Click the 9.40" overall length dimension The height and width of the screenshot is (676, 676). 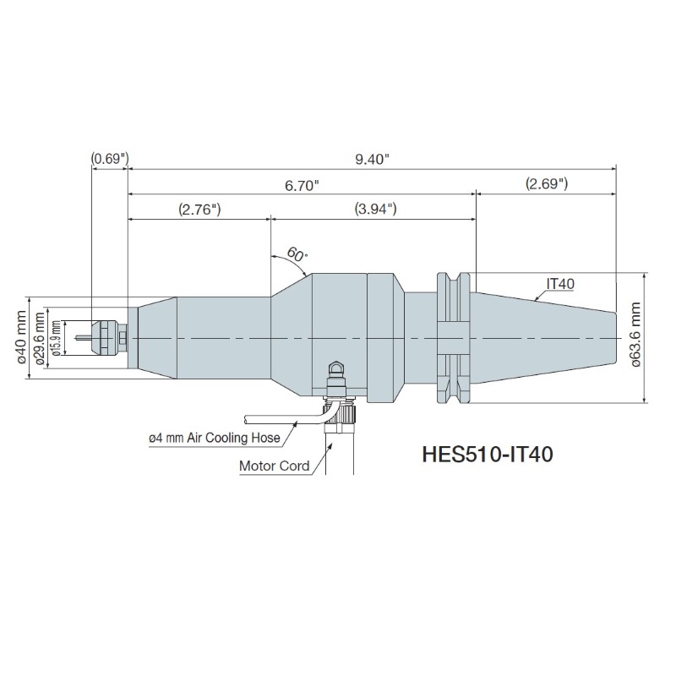[x=372, y=159]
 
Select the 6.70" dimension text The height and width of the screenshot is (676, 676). [x=302, y=186]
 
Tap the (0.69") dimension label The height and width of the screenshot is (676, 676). [x=110, y=159]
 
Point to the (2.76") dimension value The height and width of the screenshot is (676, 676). [x=199, y=210]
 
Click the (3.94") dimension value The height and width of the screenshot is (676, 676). [x=375, y=209]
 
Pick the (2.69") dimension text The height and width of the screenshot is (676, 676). [x=547, y=183]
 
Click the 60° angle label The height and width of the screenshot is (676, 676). [x=297, y=254]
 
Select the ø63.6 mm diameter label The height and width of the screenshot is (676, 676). [x=636, y=334]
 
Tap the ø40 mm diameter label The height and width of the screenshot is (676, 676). [x=22, y=337]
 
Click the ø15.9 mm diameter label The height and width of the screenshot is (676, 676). [x=56, y=339]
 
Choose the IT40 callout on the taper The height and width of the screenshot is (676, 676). [x=560, y=284]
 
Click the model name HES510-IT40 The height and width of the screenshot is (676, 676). [x=488, y=455]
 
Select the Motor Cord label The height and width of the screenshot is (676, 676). [x=274, y=466]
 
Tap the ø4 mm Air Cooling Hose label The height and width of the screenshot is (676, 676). [x=215, y=438]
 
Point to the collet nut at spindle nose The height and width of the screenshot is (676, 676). [x=104, y=338]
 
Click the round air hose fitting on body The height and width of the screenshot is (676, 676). [x=336, y=369]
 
